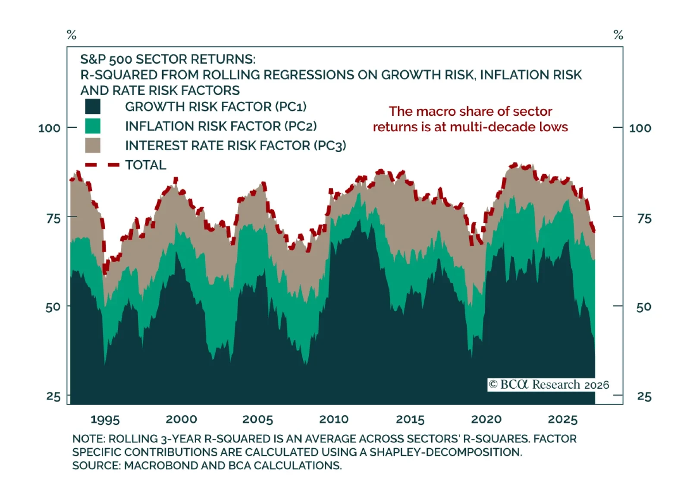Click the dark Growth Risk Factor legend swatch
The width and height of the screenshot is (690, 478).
93,107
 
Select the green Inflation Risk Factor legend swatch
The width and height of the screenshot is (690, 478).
93,126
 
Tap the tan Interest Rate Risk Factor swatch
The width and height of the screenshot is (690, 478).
93,146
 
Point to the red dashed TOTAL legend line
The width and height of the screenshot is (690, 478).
102,165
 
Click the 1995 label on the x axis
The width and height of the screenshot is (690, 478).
105,419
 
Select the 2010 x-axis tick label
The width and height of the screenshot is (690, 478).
333,419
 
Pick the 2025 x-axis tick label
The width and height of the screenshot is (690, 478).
562,419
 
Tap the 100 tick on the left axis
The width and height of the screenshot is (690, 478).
49,128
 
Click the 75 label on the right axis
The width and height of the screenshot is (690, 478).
644,218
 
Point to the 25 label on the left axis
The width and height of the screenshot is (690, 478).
53,396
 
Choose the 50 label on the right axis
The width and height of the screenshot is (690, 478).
644,307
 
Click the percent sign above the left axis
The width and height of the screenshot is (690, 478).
72,35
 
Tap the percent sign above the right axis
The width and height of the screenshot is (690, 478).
618,35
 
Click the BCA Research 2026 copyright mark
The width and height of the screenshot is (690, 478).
549,385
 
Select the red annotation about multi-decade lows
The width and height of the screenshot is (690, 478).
470,119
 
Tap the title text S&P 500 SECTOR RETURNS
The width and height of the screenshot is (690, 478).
168,59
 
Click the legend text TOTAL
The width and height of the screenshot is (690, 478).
145,165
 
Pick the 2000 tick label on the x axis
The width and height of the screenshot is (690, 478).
181,419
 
